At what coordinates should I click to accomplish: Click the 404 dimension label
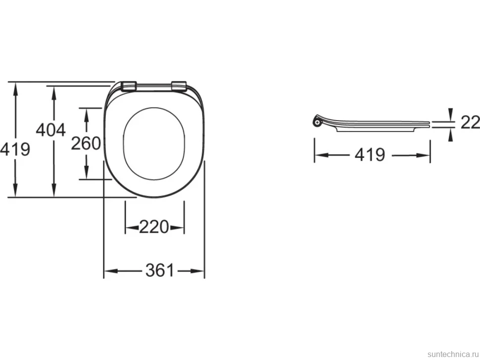point(51,130)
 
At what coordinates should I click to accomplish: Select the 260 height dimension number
point(86,143)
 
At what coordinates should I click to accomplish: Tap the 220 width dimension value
point(154,227)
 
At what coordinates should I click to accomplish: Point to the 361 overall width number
point(160,270)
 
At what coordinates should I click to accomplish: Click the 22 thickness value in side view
point(471,122)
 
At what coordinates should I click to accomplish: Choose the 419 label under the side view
point(370,155)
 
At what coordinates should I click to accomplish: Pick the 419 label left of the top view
point(15,149)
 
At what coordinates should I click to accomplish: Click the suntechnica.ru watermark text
point(452,354)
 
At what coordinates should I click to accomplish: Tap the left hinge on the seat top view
point(129,86)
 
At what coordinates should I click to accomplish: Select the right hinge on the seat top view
point(179,86)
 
